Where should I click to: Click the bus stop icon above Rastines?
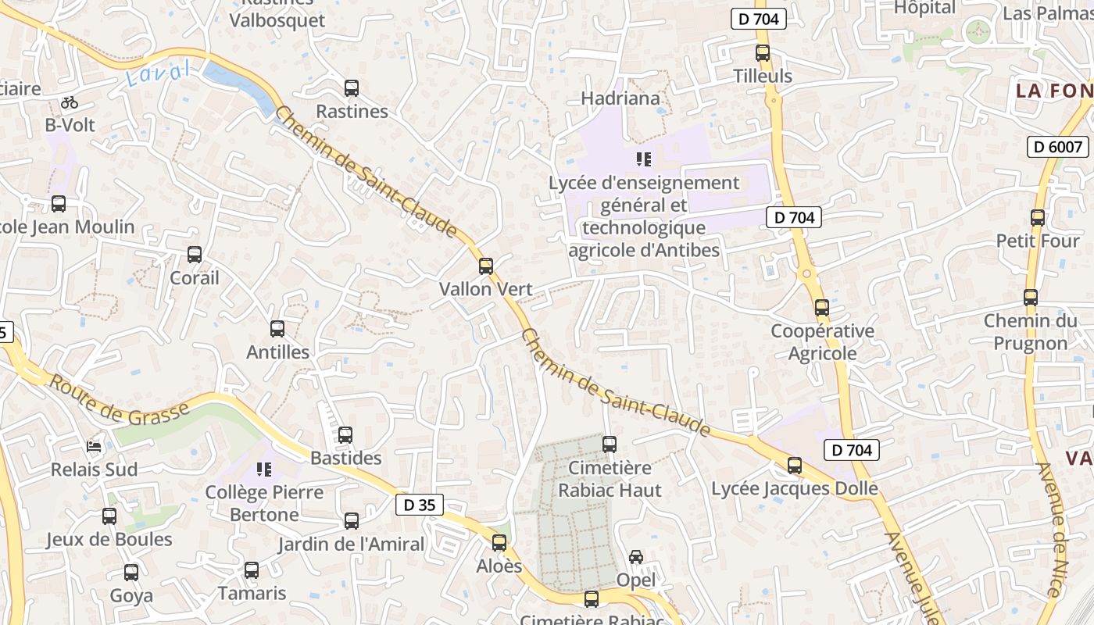(x=352, y=87)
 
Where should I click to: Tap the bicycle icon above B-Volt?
(x=70, y=102)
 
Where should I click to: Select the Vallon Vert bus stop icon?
(x=486, y=266)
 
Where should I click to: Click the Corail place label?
(x=195, y=277)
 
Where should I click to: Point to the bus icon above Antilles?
(x=277, y=329)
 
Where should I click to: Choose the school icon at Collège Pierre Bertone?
(x=264, y=469)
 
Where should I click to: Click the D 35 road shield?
(x=419, y=505)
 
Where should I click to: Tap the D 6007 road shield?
(x=1057, y=146)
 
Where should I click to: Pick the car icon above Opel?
(x=636, y=557)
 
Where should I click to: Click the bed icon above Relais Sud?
(x=94, y=446)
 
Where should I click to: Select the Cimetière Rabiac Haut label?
(x=610, y=479)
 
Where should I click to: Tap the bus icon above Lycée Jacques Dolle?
(x=795, y=466)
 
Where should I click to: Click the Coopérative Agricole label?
(x=822, y=342)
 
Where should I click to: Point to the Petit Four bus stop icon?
(x=1038, y=218)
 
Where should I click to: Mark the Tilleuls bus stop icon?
(x=763, y=53)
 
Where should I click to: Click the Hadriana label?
(x=620, y=98)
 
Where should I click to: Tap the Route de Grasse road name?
(x=120, y=398)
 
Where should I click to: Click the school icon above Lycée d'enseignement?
(x=644, y=159)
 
